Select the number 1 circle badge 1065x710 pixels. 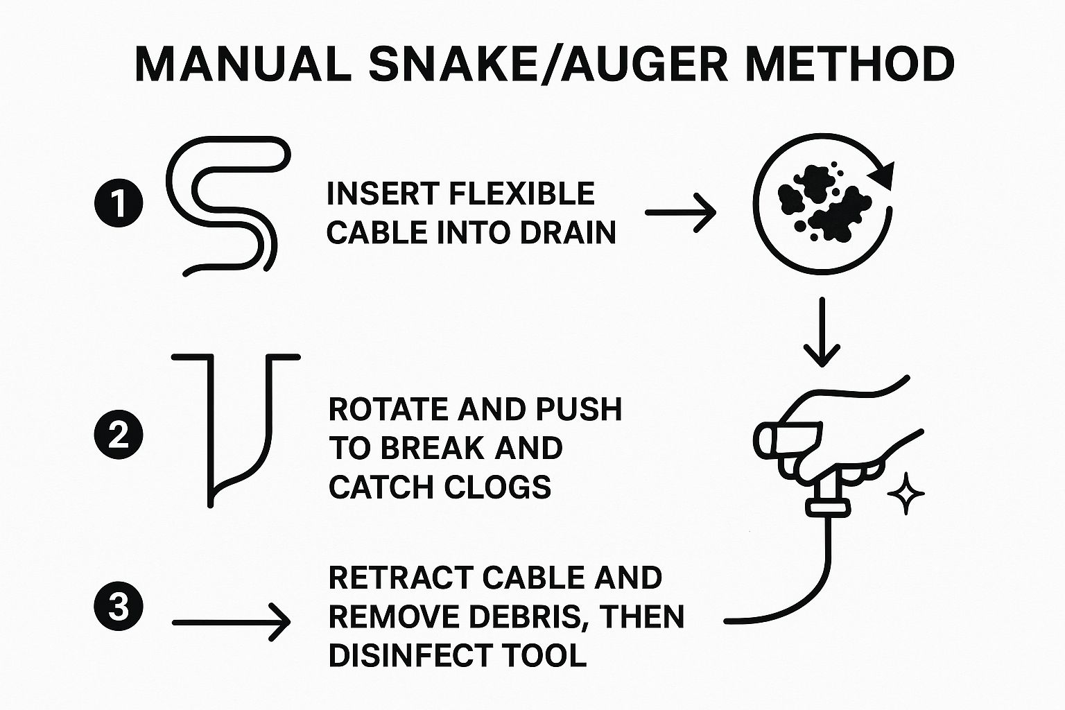coord(119,205)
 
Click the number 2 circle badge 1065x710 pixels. coord(119,435)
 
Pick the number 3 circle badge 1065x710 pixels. coord(119,607)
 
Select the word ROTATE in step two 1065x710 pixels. coord(388,409)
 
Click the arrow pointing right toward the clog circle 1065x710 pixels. coord(680,213)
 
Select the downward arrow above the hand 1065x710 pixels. coord(822,332)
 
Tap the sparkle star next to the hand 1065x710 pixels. coord(906,493)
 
